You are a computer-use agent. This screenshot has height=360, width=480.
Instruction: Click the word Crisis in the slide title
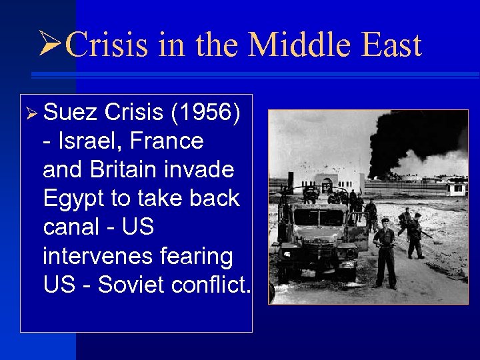pyautogui.click(x=109, y=47)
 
